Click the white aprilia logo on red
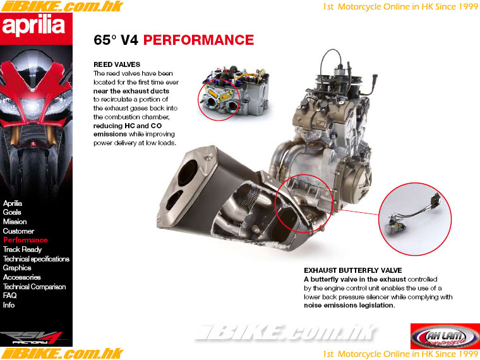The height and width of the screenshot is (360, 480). (33, 26)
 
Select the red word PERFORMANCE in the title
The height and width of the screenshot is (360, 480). (199, 40)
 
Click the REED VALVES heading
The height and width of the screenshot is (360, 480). (117, 64)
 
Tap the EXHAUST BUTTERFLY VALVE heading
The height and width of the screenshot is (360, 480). (353, 270)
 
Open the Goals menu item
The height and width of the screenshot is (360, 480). (12, 212)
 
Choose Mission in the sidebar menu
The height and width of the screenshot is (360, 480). (15, 221)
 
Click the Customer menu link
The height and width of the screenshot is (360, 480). (18, 231)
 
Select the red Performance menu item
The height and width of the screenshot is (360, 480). (25, 240)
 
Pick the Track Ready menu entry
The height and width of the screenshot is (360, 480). (22, 249)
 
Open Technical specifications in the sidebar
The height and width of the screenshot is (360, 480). (36, 259)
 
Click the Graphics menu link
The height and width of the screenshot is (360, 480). (17, 268)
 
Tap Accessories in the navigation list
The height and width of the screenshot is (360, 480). (21, 277)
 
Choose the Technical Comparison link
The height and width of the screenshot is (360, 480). (34, 287)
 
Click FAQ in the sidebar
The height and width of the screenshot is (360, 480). (10, 296)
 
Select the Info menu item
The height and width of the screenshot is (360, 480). (9, 305)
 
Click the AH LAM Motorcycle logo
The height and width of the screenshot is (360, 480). (445, 336)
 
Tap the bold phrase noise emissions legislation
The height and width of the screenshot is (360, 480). (349, 305)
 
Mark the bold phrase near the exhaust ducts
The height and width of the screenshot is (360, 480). (131, 91)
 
